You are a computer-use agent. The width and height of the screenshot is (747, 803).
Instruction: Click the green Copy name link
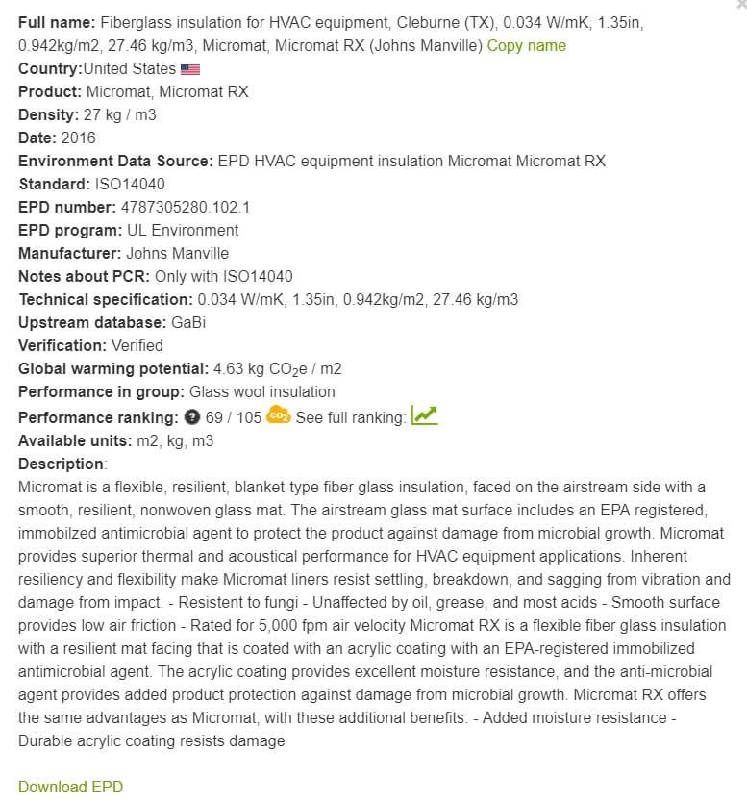point(526,45)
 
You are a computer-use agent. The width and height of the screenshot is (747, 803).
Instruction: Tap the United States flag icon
point(190,69)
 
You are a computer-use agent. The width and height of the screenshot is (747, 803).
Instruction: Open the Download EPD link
point(70,787)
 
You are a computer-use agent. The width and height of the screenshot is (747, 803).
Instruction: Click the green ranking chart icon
point(424,416)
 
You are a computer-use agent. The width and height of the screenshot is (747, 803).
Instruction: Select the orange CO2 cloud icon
point(279,416)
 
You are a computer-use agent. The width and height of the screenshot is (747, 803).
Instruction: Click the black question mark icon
point(191,418)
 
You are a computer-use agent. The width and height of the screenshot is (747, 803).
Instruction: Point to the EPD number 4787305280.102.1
point(185,207)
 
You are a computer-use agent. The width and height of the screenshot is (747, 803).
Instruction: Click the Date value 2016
point(78,138)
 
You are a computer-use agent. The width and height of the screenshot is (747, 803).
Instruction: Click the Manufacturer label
point(70,253)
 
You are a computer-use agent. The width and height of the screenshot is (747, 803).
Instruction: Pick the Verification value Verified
point(137,345)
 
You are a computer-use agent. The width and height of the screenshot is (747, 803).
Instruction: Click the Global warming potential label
point(112,368)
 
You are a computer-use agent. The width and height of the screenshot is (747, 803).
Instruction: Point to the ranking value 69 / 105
point(233,418)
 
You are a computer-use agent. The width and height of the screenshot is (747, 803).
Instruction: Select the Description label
point(62,464)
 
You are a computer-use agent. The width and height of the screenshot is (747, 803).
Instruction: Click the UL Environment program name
point(183,230)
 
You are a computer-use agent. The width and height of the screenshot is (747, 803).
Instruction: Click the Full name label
point(56,22)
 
